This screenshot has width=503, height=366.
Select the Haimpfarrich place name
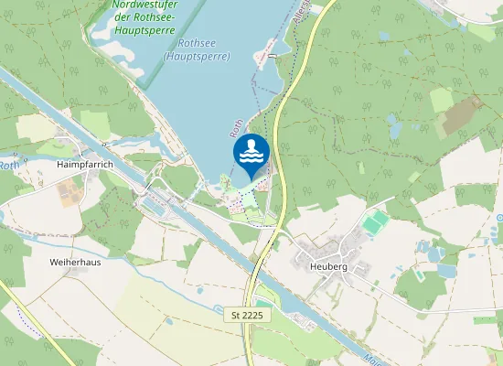[x=83, y=165]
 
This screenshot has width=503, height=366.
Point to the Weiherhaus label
[x=74, y=261]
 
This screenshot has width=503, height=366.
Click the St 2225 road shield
[x=247, y=315]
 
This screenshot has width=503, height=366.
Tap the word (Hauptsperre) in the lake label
[x=197, y=57]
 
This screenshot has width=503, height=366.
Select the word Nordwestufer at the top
[x=146, y=5]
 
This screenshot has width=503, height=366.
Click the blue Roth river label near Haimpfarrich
[x=8, y=167]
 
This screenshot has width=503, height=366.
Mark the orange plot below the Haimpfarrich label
[x=69, y=191]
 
